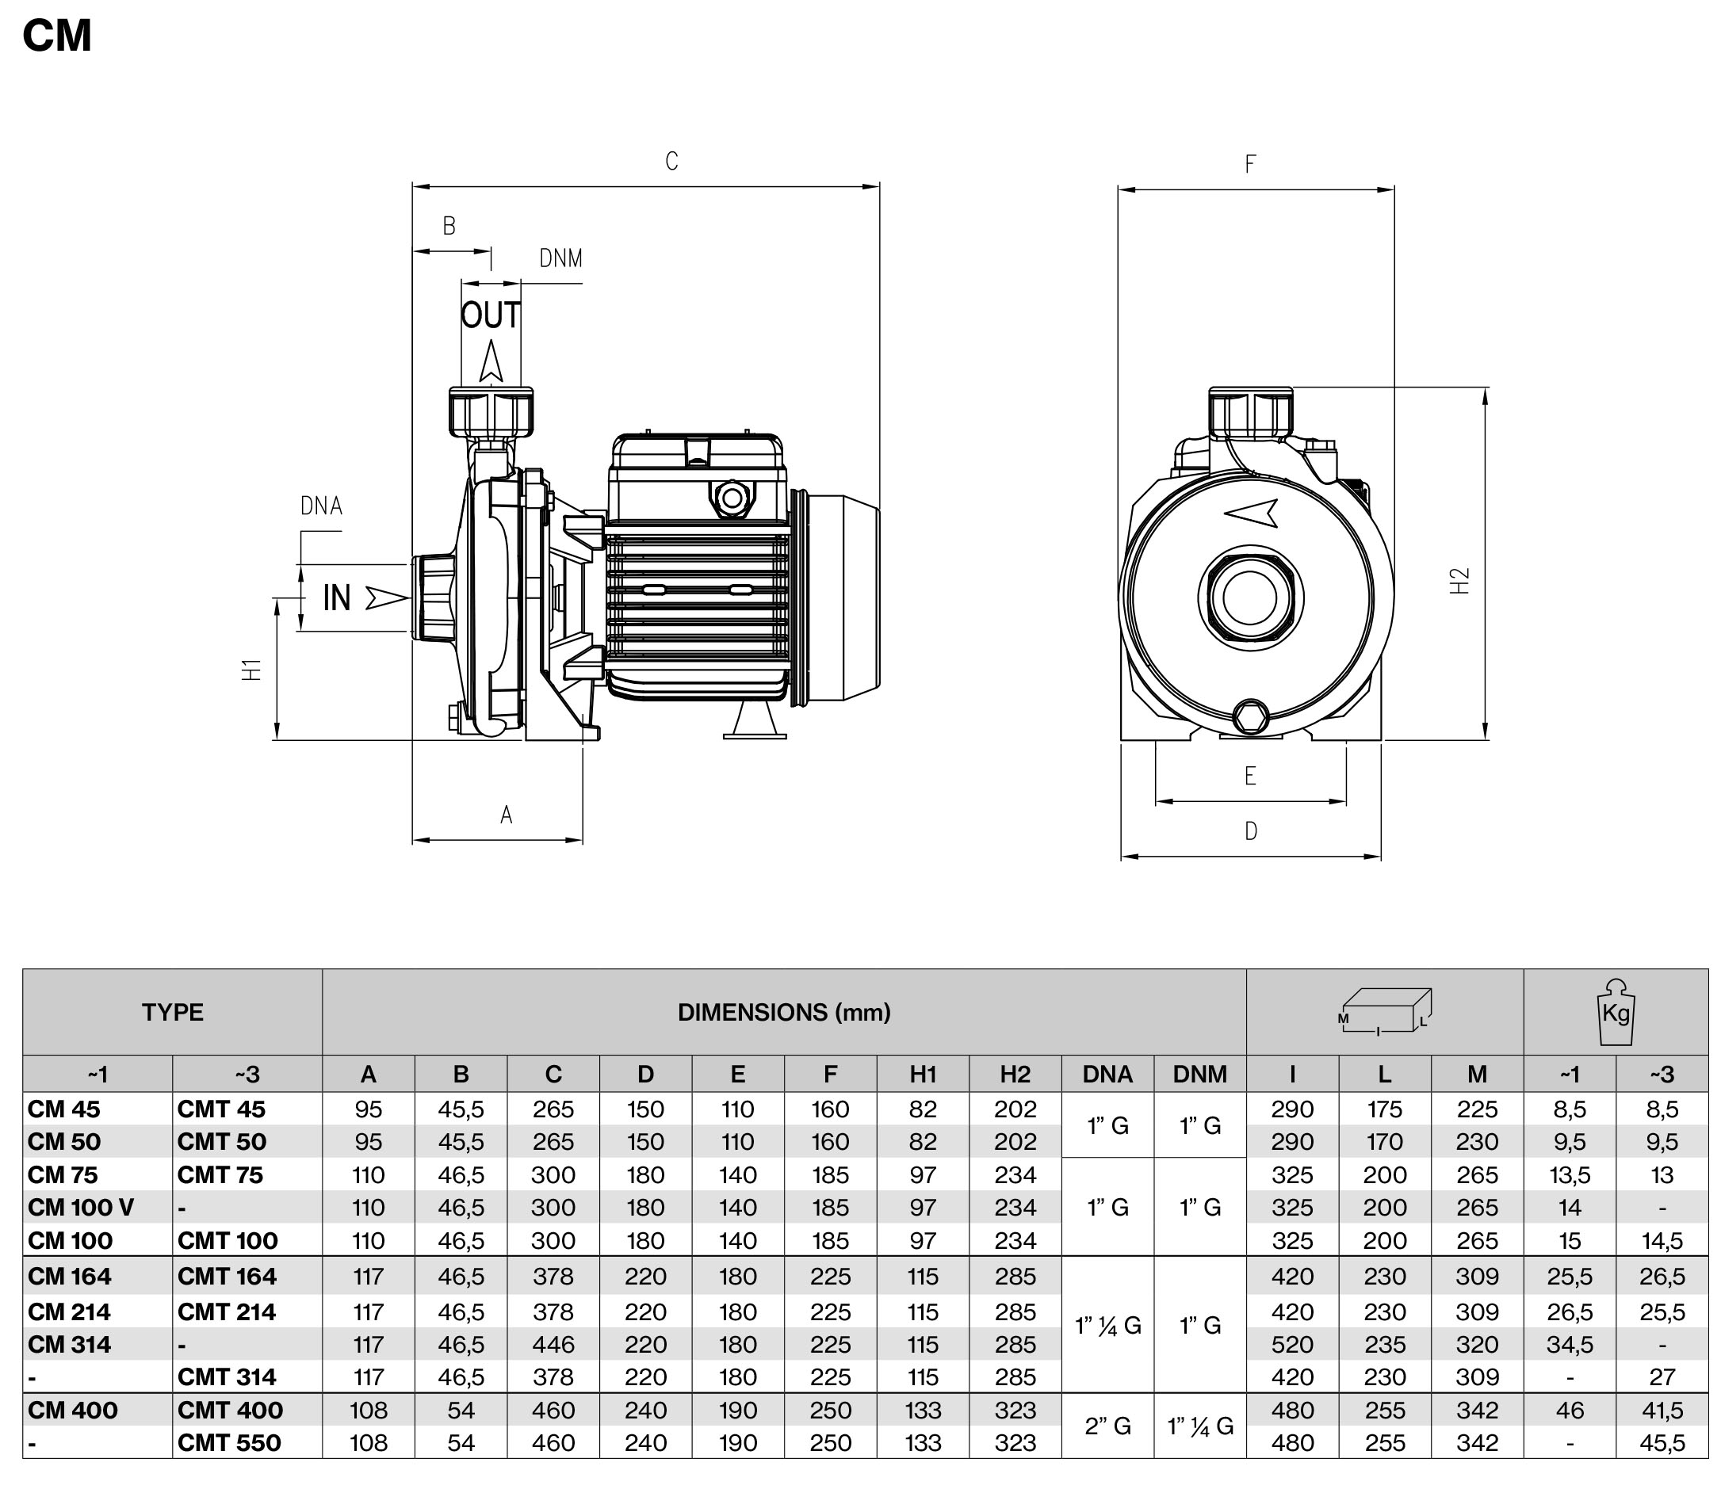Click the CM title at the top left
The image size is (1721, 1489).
[56, 36]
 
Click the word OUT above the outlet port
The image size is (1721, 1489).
[490, 315]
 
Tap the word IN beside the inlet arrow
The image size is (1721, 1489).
[337, 598]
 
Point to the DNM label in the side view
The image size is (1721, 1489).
[561, 259]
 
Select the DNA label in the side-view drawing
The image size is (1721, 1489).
[322, 506]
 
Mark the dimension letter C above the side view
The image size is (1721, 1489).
[671, 161]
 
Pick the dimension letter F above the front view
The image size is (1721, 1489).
[1250, 165]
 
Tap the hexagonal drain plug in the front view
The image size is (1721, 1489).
[1251, 716]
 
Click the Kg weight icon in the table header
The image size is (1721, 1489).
[1616, 1011]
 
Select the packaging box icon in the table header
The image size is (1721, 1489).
[1384, 1011]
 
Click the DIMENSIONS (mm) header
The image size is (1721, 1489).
[784, 1012]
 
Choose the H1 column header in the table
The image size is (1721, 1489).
[923, 1075]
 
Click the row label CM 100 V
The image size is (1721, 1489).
[81, 1208]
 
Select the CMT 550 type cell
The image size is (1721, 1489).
[229, 1442]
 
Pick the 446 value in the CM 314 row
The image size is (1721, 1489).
[553, 1345]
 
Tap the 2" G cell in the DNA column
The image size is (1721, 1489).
[1107, 1426]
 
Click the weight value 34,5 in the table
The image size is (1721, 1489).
[1569, 1345]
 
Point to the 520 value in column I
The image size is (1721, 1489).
[1292, 1345]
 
